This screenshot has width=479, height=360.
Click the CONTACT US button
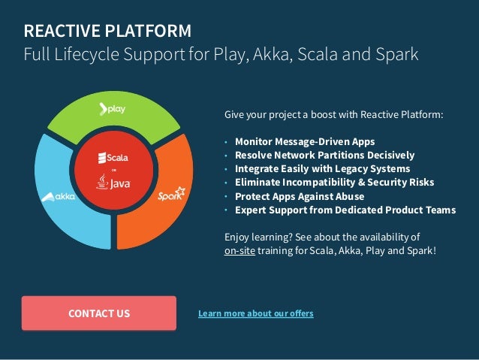click(98, 313)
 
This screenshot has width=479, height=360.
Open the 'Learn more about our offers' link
click(255, 313)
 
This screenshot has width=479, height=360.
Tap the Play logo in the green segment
click(113, 109)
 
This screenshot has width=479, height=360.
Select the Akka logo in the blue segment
click(59, 197)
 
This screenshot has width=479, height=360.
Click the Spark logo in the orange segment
click(171, 195)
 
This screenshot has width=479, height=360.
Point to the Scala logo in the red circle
click(113, 158)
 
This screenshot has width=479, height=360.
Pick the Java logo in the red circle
click(113, 183)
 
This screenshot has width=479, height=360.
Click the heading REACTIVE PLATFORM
click(107, 31)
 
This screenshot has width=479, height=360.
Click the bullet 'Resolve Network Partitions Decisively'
click(324, 155)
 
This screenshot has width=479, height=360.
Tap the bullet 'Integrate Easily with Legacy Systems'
click(322, 168)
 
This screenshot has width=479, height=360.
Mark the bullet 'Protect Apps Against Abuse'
click(300, 196)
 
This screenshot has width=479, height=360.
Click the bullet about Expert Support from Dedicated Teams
click(345, 210)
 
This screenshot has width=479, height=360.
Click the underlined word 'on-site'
click(239, 250)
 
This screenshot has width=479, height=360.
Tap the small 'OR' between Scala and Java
click(113, 171)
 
